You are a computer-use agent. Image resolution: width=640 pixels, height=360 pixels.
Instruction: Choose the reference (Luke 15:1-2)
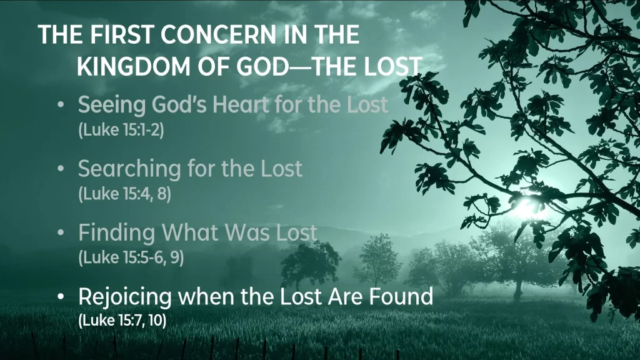pyautogui.click(x=121, y=130)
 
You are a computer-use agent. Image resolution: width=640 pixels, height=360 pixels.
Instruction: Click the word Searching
pyautogui.click(x=129, y=169)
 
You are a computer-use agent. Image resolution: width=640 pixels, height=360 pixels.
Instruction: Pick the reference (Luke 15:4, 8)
pyautogui.click(x=124, y=194)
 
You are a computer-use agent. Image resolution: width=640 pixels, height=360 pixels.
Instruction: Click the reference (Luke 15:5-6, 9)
pyautogui.click(x=131, y=257)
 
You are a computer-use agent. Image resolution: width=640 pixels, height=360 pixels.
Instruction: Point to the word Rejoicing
pyautogui.click(x=125, y=297)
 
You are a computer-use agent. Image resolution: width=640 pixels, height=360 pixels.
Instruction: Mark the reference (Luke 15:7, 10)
pyautogui.click(x=122, y=321)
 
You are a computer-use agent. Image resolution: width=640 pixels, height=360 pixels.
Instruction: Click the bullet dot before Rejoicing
pyautogui.click(x=61, y=297)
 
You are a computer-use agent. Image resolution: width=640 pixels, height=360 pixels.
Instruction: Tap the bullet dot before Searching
pyautogui.click(x=61, y=169)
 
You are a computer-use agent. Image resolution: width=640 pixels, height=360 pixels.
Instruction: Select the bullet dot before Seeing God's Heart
pyautogui.click(x=61, y=105)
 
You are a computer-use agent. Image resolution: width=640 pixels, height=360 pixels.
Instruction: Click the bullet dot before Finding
pyautogui.click(x=61, y=232)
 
